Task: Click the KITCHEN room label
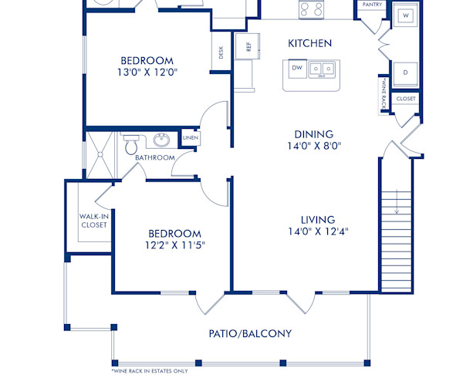(x=309, y=43)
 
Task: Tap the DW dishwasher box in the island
(x=296, y=69)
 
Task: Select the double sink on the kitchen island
(x=323, y=70)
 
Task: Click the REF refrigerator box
(x=248, y=46)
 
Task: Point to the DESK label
(x=221, y=52)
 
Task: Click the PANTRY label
(x=370, y=5)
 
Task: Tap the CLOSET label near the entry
(x=405, y=99)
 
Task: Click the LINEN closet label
(x=190, y=138)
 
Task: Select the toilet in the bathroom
(x=131, y=143)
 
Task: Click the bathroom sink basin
(x=161, y=140)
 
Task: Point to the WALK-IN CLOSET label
(x=93, y=221)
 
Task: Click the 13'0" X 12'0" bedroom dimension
(x=157, y=73)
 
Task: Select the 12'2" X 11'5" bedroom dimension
(x=174, y=245)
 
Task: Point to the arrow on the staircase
(x=396, y=206)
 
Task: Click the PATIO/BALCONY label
(x=250, y=333)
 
